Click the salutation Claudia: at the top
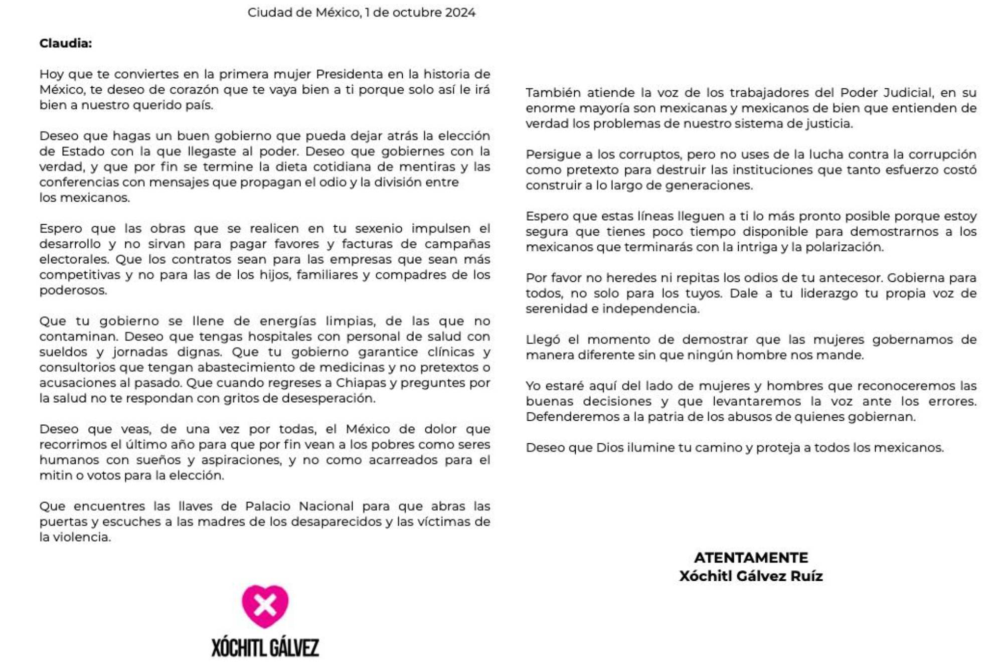66,44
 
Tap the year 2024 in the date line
460,13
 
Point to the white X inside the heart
265,605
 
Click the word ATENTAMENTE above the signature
751,558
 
